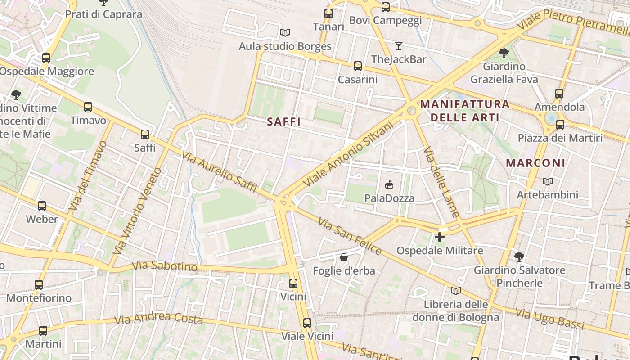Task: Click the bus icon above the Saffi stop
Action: [x=145, y=134]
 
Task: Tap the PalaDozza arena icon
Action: [x=389, y=184]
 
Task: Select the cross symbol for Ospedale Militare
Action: [x=440, y=237]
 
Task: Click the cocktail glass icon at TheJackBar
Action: [x=398, y=45]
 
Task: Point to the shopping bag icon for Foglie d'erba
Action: [x=344, y=257]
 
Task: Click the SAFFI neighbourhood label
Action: [x=283, y=121]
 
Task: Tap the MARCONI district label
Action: [x=535, y=163]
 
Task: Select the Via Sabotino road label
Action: [x=165, y=265]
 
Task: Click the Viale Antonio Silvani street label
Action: [x=348, y=154]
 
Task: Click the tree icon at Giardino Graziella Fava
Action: [x=504, y=53]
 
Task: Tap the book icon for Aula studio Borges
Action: [x=285, y=32]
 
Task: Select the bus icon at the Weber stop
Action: [x=42, y=206]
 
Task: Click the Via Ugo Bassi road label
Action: [x=549, y=319]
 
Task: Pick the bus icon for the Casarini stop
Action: [x=358, y=66]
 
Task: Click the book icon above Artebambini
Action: [x=547, y=181]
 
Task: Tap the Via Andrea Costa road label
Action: [x=158, y=319]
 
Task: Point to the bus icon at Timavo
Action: [x=88, y=107]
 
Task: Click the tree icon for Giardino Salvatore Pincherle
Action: [x=519, y=256]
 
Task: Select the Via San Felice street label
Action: [x=350, y=236]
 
